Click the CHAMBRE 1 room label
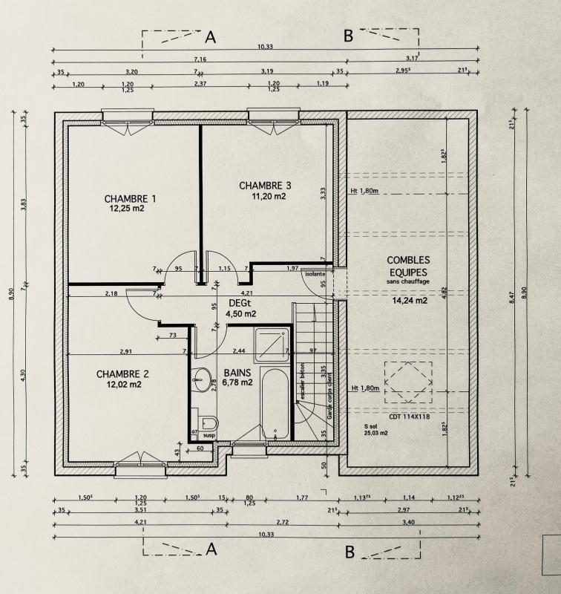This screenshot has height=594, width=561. (x=130, y=198)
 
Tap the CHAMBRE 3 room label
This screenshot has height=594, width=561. (x=265, y=185)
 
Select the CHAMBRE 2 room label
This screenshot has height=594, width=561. (x=123, y=373)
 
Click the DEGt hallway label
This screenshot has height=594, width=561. (x=239, y=303)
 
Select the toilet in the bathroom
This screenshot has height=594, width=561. (x=205, y=421)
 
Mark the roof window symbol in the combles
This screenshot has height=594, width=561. (x=407, y=383)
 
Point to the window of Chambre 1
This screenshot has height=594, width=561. (x=128, y=119)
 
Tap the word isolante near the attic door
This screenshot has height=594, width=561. (x=315, y=274)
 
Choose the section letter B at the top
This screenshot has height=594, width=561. (x=347, y=36)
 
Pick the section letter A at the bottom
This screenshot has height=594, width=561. (x=211, y=549)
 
